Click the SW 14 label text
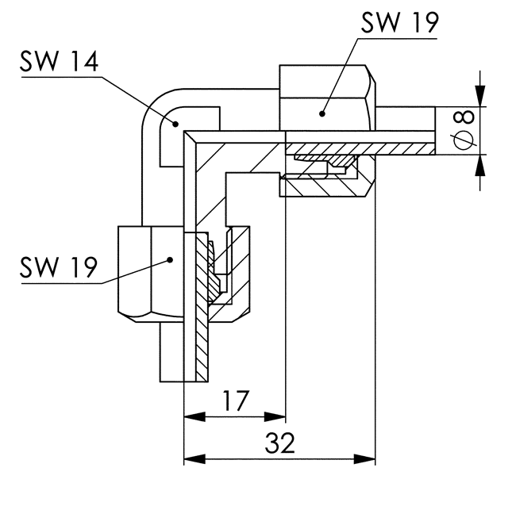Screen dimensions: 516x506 click(59, 61)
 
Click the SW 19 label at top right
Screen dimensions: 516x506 click(400, 22)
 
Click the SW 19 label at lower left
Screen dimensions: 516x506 click(59, 266)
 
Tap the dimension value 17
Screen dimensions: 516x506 click(237, 401)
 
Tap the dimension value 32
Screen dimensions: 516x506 click(279, 443)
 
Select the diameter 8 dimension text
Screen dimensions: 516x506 click(464, 130)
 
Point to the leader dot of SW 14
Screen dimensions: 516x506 click(175, 124)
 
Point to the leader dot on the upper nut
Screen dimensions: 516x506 click(322, 113)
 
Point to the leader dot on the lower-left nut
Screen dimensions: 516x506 click(170, 259)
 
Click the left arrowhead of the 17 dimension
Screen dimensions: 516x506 click(194, 417)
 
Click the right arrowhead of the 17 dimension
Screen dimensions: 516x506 click(275, 417)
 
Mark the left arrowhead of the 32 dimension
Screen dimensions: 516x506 click(194, 458)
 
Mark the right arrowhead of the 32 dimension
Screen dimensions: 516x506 click(364, 458)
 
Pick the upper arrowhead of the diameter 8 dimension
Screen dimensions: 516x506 click(480, 96)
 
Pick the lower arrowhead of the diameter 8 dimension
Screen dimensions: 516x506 click(480, 165)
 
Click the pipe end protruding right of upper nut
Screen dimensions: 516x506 click(406, 131)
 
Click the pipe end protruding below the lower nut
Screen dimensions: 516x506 click(184, 352)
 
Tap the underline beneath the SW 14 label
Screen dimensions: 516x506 click(62, 77)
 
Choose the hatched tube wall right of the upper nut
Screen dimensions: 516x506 click(406, 148)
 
